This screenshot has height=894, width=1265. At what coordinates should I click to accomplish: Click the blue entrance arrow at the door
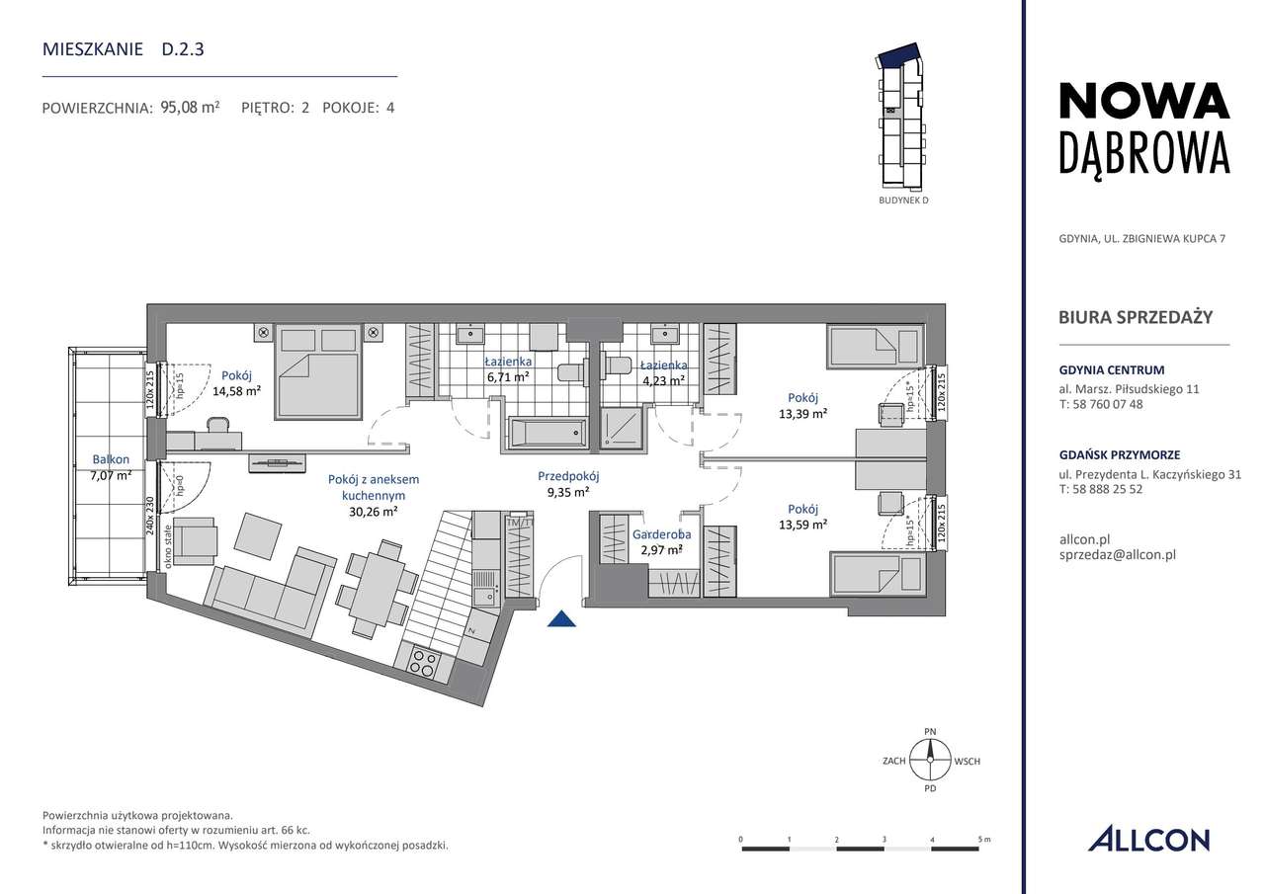(561, 619)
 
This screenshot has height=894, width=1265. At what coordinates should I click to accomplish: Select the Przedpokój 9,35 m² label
(569, 482)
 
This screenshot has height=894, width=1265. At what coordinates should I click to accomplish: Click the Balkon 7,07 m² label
(112, 466)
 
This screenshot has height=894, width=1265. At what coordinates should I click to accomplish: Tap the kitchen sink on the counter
(485, 594)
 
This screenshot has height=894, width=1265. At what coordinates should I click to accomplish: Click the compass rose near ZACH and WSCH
(930, 762)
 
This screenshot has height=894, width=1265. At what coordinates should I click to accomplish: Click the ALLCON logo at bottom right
(1148, 840)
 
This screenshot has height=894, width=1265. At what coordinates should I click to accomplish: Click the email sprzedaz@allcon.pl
(1116, 555)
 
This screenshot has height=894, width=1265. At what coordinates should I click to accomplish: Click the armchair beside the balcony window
(195, 538)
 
